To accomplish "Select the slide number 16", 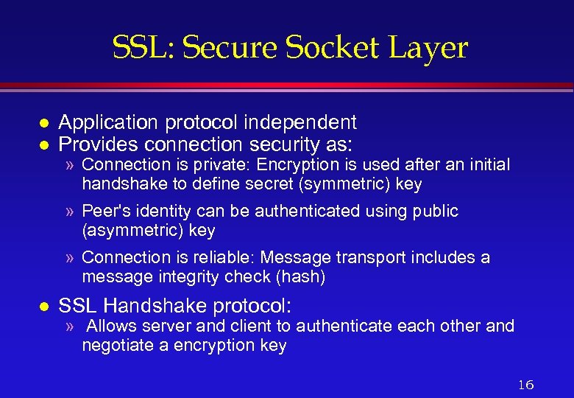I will click(x=525, y=384).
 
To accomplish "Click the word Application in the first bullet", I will click(x=104, y=122).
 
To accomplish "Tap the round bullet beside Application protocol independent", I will click(x=44, y=122).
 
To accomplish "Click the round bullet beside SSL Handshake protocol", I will click(x=44, y=304).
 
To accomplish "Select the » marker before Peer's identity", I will click(x=70, y=212).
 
